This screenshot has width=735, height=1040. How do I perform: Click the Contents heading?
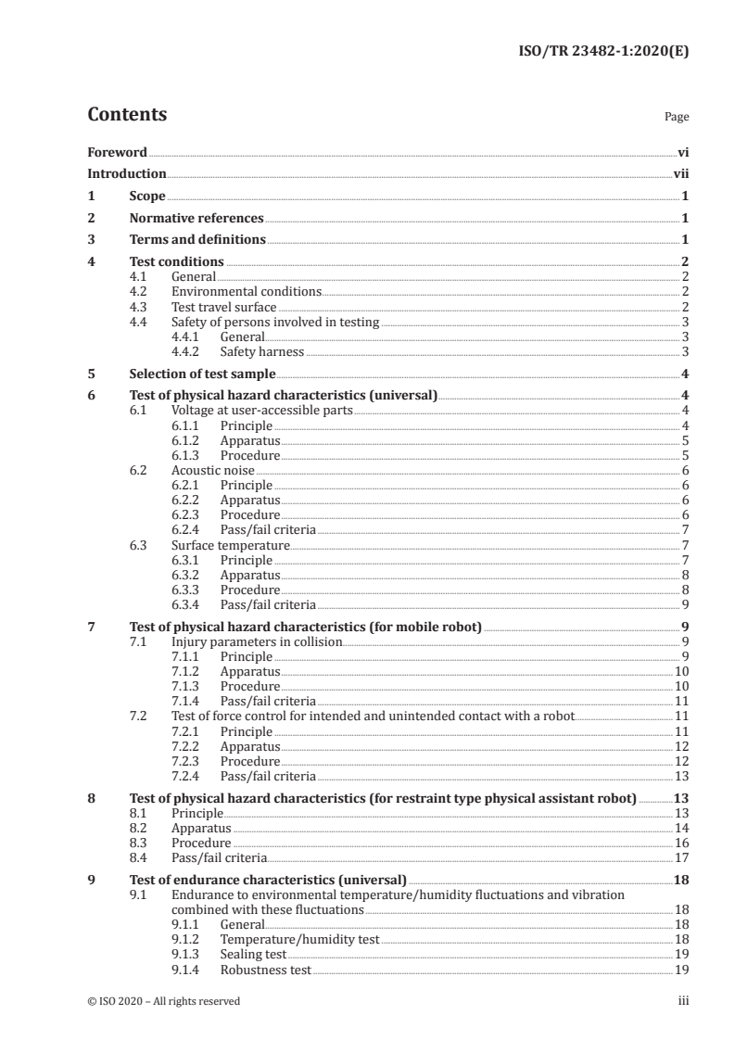click(127, 115)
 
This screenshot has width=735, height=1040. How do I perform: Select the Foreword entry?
click(117, 152)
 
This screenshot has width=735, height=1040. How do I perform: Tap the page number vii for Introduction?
click(680, 173)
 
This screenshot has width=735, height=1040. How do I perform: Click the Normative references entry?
click(196, 219)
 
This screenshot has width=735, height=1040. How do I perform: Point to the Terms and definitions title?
click(197, 240)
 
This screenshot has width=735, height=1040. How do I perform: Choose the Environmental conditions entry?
click(247, 292)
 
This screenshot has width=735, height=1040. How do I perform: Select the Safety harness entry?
click(261, 351)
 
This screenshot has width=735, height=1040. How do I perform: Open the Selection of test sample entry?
click(202, 374)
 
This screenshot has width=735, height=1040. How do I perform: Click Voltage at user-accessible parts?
click(262, 411)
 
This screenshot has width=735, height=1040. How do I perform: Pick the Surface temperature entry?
click(231, 545)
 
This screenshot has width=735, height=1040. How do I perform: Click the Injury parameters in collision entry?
click(257, 641)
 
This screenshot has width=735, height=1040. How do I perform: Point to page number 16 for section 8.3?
click(680, 843)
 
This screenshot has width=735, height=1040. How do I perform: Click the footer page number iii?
click(683, 1001)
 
